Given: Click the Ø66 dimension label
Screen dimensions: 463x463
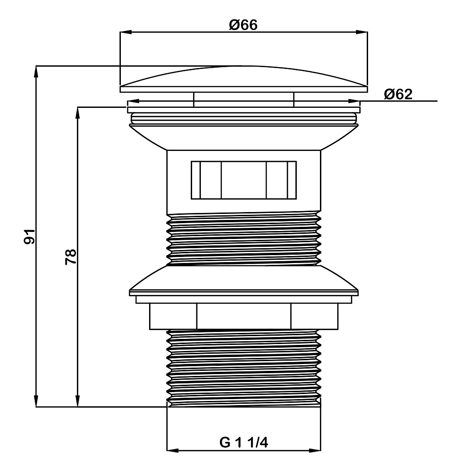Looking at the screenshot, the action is tap(244, 25).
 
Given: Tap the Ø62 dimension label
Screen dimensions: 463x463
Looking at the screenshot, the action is tap(398, 94).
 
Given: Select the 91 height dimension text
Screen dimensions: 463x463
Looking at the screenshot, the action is tap(29, 236).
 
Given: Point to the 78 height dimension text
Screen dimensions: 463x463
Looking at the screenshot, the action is tap(70, 257).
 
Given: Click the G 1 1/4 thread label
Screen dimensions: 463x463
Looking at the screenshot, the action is tap(244, 443).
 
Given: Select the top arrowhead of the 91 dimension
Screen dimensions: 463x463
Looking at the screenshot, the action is tap(36, 72).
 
